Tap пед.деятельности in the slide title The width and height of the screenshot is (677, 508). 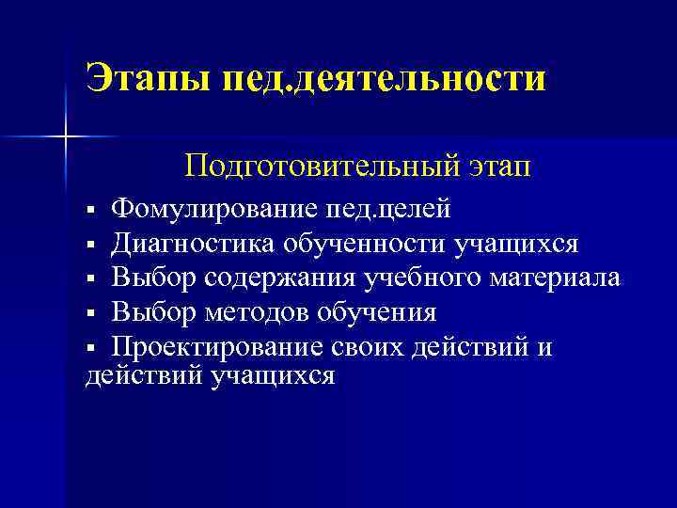[x=383, y=78]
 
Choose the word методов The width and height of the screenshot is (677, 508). [x=256, y=311]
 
